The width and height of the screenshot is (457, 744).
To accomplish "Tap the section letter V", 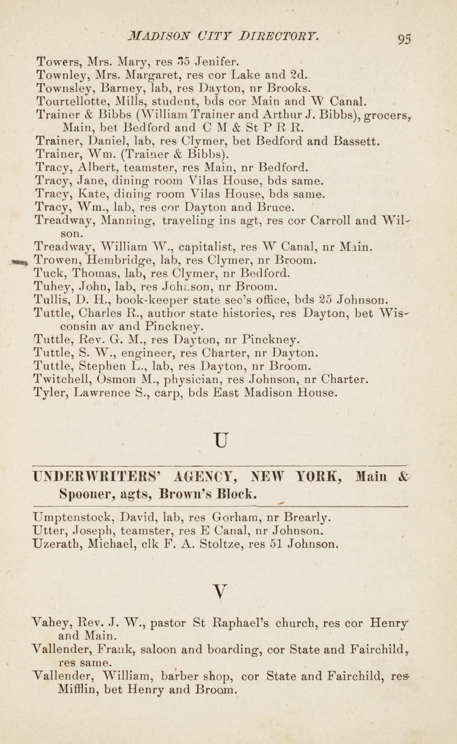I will point(219,593).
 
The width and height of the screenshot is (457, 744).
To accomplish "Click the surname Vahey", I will point(53,624).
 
